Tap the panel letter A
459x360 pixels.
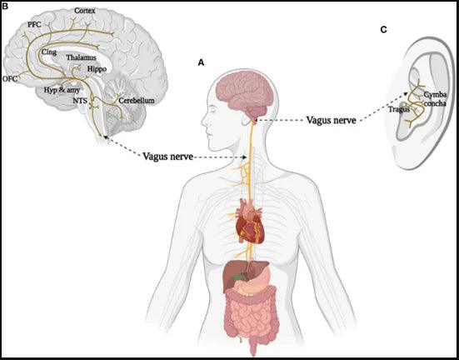point(200,62)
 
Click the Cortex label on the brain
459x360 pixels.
point(85,11)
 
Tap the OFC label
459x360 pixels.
point(11,79)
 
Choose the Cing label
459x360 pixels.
point(50,52)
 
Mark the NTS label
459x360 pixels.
point(79,100)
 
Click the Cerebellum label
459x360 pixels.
point(136,100)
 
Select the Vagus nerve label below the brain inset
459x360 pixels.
point(170,156)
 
